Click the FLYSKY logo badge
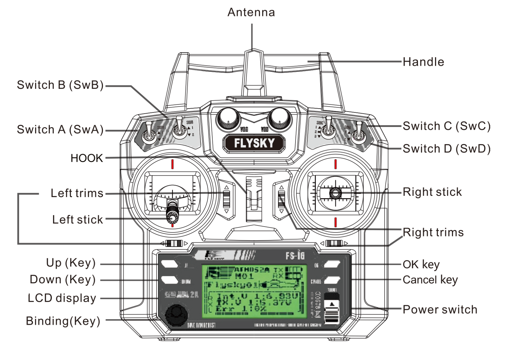click(254, 143)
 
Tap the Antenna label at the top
click(251, 12)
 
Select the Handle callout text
click(423, 62)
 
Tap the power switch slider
click(332, 309)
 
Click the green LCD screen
click(254, 291)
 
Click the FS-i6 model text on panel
click(295, 256)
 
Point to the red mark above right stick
click(335, 164)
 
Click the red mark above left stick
click(172, 164)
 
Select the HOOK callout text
click(86, 158)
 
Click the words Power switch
click(439, 309)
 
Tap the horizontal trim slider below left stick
click(174, 243)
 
